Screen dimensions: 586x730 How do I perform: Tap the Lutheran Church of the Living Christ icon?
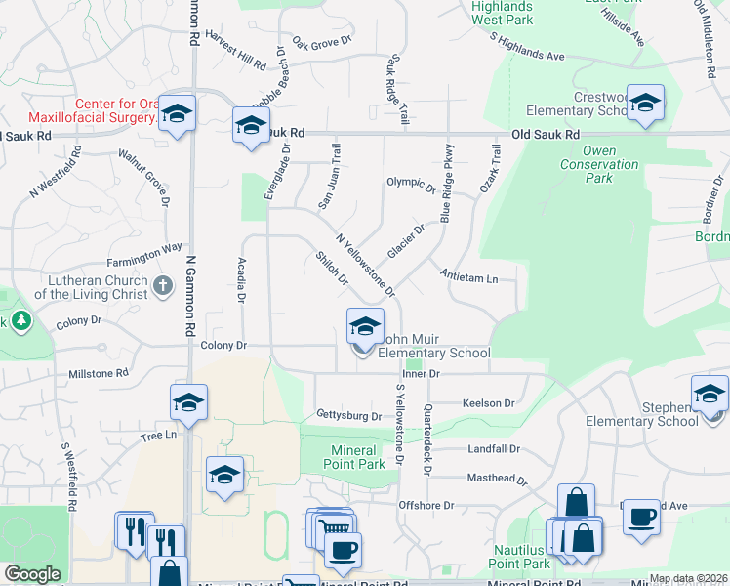coord(164,285)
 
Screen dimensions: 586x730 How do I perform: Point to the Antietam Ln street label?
coord(468,278)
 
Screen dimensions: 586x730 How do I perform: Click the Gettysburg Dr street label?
coord(348,416)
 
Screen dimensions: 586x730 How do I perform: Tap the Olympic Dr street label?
coord(410,183)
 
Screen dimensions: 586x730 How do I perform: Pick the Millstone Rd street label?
coord(99,374)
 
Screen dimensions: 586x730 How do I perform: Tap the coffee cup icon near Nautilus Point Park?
coord(640,516)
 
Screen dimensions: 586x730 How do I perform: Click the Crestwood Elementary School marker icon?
coord(645,103)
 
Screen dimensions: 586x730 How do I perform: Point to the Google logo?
coord(32,574)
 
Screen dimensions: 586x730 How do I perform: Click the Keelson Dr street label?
coord(488,402)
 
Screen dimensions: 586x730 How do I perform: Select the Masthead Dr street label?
coord(497,481)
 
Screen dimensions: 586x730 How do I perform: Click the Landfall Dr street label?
coord(493,449)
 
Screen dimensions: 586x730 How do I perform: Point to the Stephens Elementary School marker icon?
coord(710,394)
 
